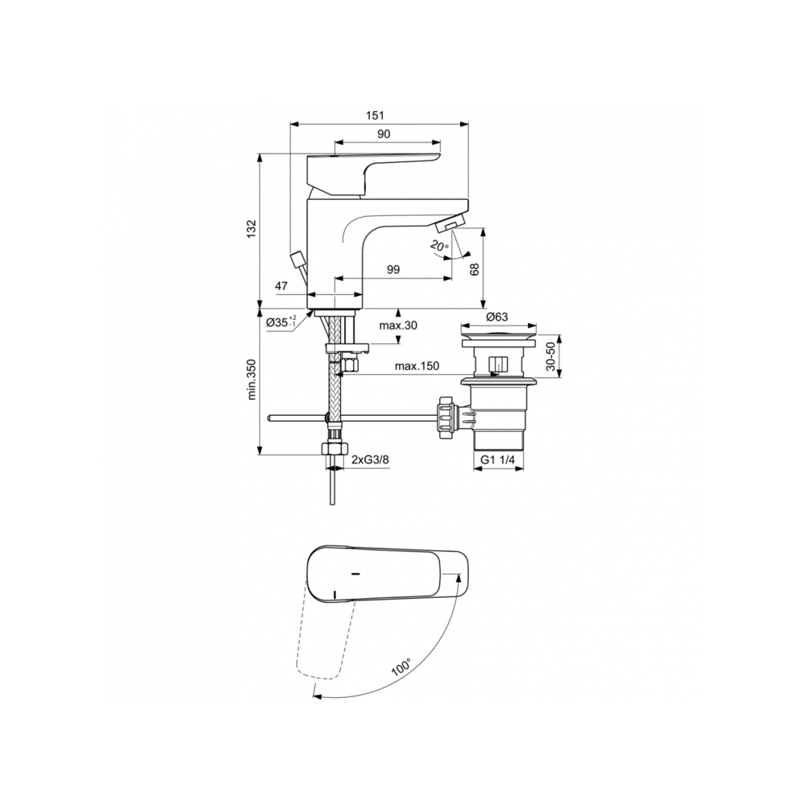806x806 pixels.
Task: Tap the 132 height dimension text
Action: [251, 229]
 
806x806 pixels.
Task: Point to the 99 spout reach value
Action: [393, 270]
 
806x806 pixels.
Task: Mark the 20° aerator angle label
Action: [439, 246]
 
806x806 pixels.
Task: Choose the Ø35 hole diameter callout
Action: [280, 322]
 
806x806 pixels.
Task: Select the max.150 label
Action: [417, 367]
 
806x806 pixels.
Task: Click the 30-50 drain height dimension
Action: [550, 356]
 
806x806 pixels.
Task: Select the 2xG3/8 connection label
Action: [372, 459]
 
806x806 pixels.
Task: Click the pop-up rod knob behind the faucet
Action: [298, 260]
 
